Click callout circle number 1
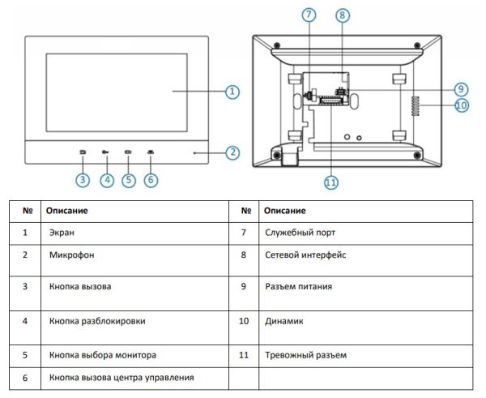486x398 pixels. coord(232,92)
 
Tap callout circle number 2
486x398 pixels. coord(232,152)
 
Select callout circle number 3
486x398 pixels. coord(83,180)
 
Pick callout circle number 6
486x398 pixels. coord(151,180)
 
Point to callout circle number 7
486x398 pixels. coord(308,15)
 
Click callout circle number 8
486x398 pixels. coord(342,15)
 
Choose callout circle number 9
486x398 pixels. coord(460,88)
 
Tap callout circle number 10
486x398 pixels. coord(462,105)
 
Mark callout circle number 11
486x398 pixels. coord(330,183)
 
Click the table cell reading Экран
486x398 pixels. coord(62,232)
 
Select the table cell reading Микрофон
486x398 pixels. coord(71,255)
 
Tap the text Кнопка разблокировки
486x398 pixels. coord(97,321)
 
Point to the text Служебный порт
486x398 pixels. coord(299,232)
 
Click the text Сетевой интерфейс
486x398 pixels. coord(305,255)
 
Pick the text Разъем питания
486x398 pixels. coord(298,286)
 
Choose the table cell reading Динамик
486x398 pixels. coord(283,321)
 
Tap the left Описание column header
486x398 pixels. coord(66,211)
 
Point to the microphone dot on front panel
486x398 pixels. coord(194,152)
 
